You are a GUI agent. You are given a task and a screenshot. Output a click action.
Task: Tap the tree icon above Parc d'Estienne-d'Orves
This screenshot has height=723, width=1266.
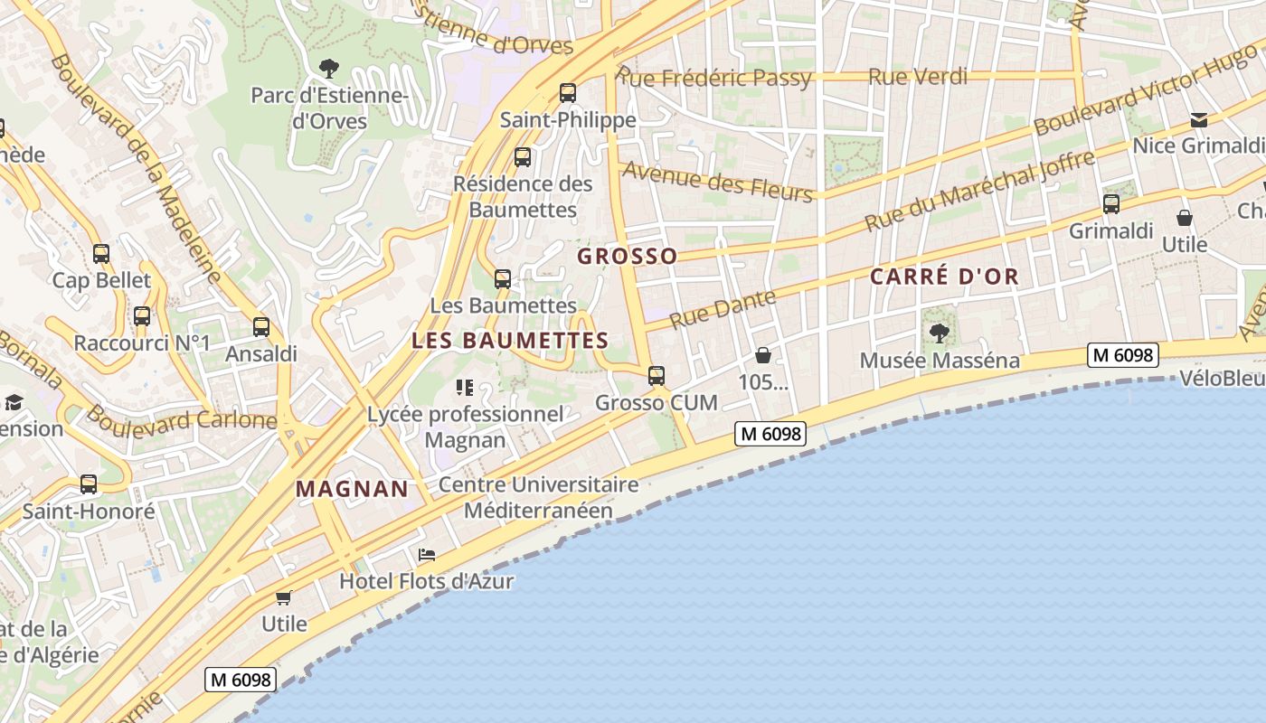(329, 67)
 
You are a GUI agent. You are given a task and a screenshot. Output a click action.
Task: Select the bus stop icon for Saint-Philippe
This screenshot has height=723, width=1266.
(568, 92)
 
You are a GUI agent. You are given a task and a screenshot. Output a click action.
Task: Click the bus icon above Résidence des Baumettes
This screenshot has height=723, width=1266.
(523, 157)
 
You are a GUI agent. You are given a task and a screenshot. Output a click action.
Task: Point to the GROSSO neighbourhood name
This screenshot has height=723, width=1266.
(628, 256)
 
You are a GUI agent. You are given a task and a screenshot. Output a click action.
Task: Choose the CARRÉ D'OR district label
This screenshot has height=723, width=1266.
(944, 277)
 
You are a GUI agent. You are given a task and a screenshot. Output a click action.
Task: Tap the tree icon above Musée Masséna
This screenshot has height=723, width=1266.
(940, 333)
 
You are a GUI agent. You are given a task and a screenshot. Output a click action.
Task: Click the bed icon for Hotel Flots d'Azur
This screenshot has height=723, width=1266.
(427, 555)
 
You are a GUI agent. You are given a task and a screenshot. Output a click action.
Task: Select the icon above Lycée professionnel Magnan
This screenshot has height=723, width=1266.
(465, 389)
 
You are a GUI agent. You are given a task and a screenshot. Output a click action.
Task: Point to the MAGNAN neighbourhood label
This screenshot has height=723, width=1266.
(353, 489)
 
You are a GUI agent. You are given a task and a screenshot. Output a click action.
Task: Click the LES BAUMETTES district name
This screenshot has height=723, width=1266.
(510, 341)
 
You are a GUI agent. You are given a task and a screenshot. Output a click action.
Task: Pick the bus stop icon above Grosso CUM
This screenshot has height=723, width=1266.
(657, 375)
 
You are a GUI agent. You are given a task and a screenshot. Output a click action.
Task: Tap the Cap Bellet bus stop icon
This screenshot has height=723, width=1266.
(101, 254)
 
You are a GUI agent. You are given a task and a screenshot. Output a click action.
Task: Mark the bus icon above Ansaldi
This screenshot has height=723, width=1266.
(261, 327)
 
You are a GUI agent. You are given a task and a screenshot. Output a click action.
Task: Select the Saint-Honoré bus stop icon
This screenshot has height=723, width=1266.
(89, 484)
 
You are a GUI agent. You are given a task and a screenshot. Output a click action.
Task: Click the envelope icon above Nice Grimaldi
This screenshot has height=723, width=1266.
(1199, 119)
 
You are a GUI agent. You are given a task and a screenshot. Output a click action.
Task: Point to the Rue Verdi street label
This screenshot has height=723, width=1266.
(917, 77)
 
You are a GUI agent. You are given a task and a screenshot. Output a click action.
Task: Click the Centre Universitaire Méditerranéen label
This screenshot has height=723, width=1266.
(539, 497)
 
